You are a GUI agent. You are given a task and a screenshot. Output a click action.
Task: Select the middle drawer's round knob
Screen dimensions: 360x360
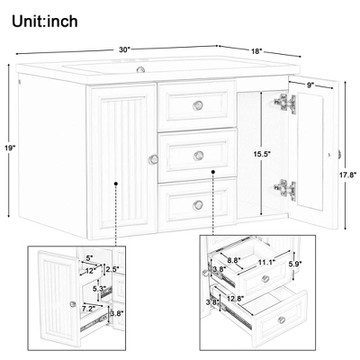point(199,155)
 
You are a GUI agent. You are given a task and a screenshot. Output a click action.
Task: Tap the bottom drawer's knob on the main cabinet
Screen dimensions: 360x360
point(198,205)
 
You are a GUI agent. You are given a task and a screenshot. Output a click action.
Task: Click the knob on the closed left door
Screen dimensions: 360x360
point(152,160)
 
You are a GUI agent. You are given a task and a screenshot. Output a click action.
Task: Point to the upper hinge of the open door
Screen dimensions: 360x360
point(284,105)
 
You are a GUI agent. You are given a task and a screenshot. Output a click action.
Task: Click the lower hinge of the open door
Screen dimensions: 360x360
point(284,188)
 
